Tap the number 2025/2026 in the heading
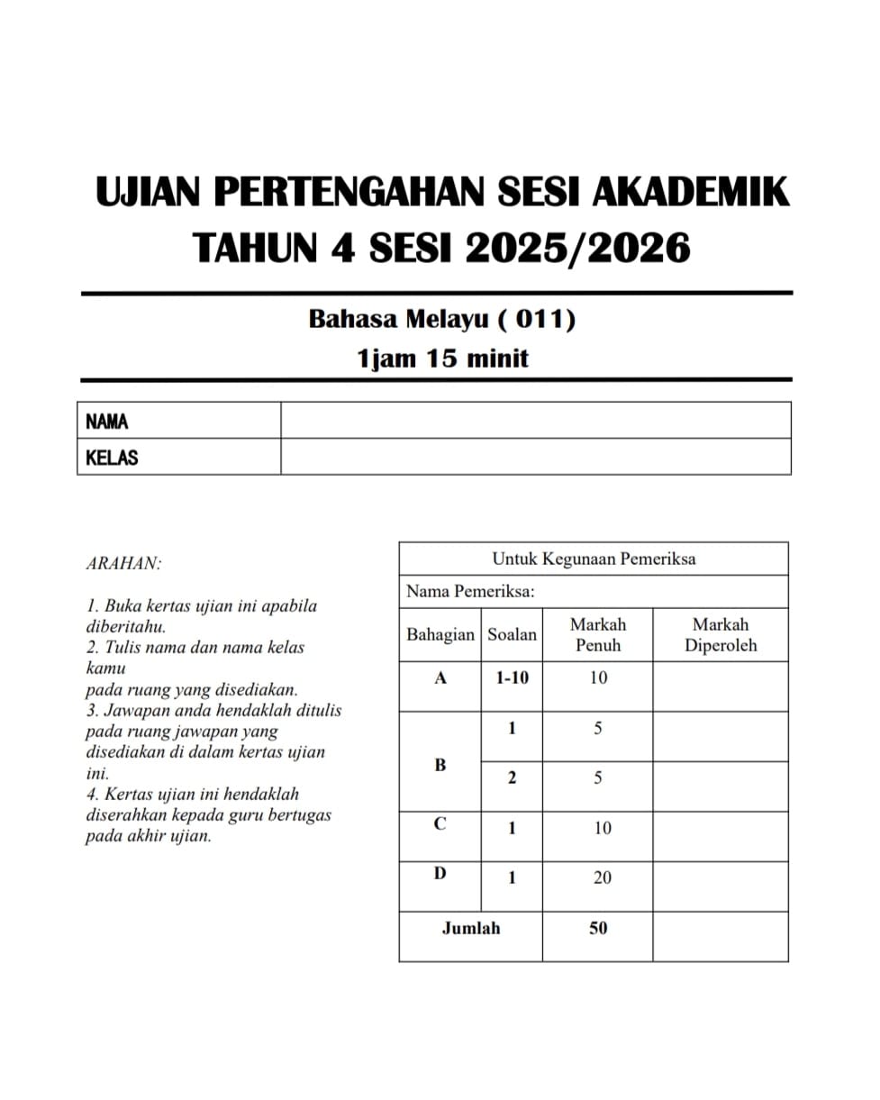click(577, 247)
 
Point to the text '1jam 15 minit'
click(442, 359)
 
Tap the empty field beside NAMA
click(535, 421)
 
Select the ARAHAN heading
click(123, 564)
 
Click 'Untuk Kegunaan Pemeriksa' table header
click(594, 559)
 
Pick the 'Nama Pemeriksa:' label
click(470, 592)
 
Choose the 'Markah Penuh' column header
click(597, 634)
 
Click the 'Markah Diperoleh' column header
click(720, 634)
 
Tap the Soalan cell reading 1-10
click(512, 678)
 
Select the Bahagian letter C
click(440, 824)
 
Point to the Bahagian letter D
click(440, 873)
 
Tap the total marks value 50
click(598, 928)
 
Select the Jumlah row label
click(470, 928)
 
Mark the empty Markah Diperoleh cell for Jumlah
click(720, 936)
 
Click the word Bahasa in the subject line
click(349, 319)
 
